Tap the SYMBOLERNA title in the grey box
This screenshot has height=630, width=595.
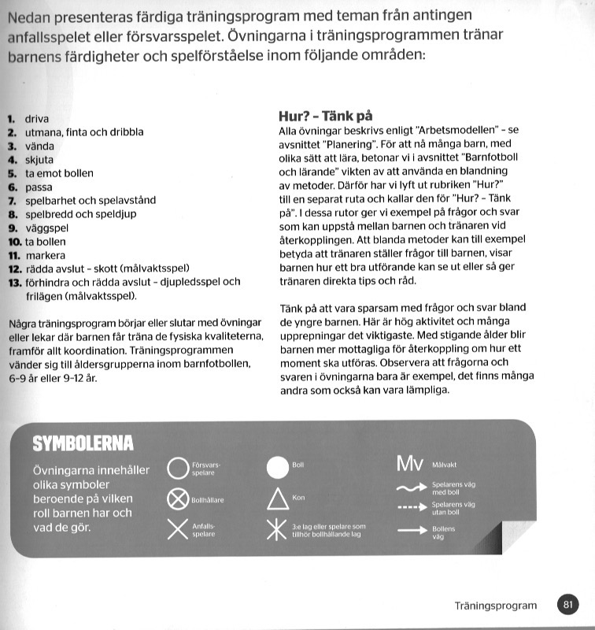click(x=82, y=444)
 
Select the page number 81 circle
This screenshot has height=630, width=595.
click(x=567, y=605)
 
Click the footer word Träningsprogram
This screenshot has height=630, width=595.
click(x=495, y=606)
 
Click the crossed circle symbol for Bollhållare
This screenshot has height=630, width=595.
click(x=178, y=499)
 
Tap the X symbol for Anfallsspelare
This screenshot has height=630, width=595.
click(x=178, y=529)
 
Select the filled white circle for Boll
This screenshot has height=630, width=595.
click(x=278, y=466)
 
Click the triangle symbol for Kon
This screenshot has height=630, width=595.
click(x=278, y=498)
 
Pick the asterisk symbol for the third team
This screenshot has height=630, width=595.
click(x=278, y=529)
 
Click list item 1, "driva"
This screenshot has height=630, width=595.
click(x=37, y=119)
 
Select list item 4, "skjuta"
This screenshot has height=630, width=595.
click(x=39, y=159)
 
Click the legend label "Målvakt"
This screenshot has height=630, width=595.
click(x=445, y=465)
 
